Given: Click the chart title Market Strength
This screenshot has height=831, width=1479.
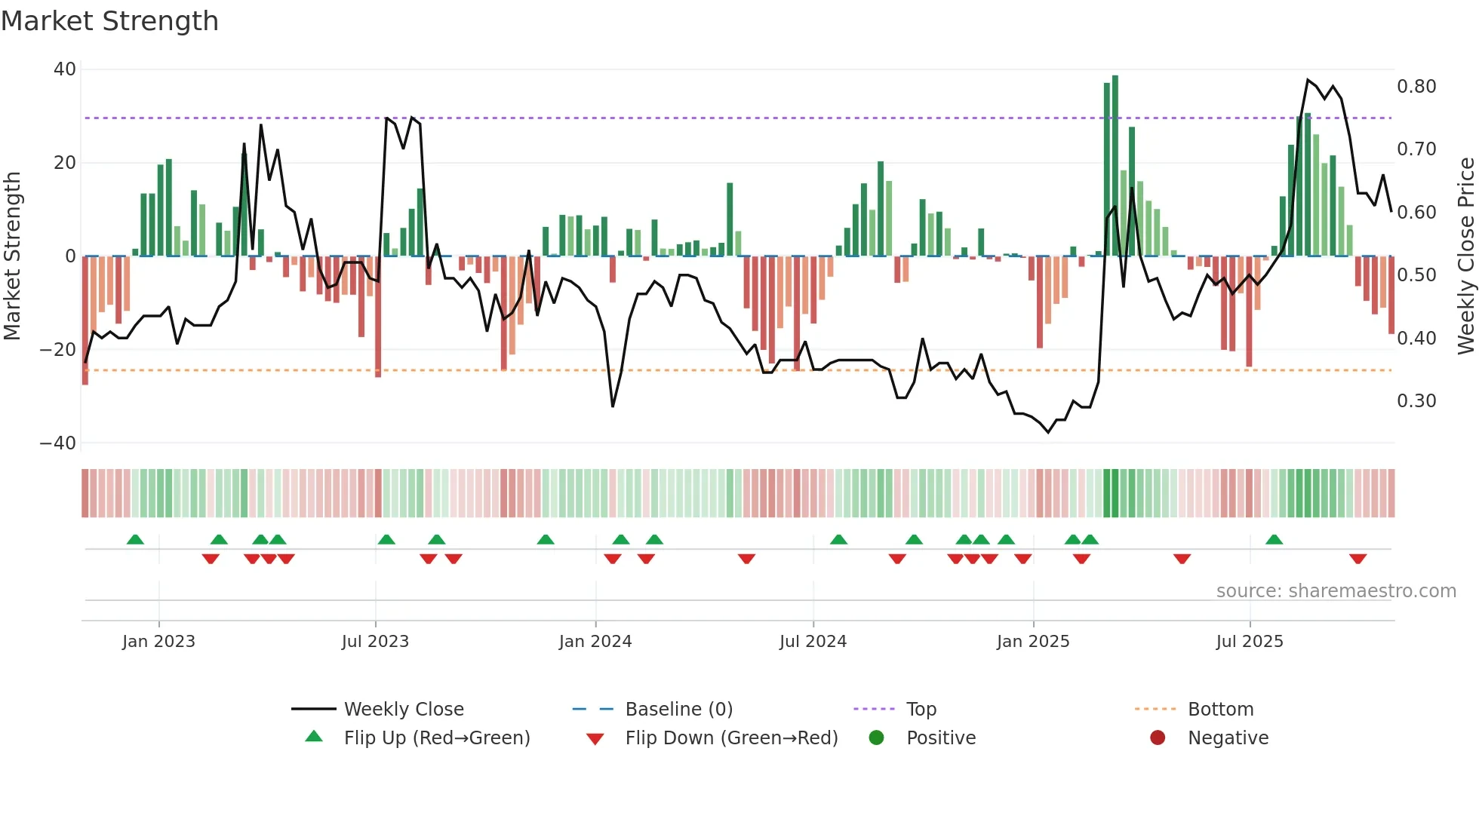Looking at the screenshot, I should click(109, 21).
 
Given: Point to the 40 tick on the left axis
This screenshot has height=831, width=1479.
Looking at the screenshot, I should click(65, 69).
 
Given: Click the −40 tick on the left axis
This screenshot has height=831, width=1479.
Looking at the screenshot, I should click(58, 443).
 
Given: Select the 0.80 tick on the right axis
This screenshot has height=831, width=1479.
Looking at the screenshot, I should click(1416, 87).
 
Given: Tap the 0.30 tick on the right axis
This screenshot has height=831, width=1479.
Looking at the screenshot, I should click(1416, 401).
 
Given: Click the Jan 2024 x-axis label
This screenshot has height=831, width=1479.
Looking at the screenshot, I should click(595, 642).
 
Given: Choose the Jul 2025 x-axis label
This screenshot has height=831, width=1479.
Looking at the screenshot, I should click(1250, 642).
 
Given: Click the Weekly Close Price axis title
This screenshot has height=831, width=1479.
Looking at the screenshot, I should click(1465, 256).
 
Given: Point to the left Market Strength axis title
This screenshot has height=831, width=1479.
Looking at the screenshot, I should click(12, 256).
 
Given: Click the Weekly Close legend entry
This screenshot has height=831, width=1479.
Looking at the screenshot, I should click(404, 710).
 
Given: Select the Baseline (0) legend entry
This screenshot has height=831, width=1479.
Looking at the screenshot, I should click(678, 710).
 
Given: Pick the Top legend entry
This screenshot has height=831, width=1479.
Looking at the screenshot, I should click(921, 710).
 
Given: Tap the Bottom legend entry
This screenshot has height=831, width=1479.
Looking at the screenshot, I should click(1220, 710).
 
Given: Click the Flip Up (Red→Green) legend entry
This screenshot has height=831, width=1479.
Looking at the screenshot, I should click(437, 738).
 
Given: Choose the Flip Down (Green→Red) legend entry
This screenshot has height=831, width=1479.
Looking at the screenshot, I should click(731, 738).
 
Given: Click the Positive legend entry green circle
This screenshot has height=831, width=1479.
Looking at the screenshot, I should click(876, 737).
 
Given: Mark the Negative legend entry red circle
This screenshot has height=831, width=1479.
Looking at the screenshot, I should click(1158, 737).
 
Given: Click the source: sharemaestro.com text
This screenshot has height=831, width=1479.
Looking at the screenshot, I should click(1336, 591).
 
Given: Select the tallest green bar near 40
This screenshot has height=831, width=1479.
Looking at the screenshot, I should click(1115, 166).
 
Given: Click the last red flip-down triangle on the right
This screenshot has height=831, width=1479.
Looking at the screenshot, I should click(1358, 559).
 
